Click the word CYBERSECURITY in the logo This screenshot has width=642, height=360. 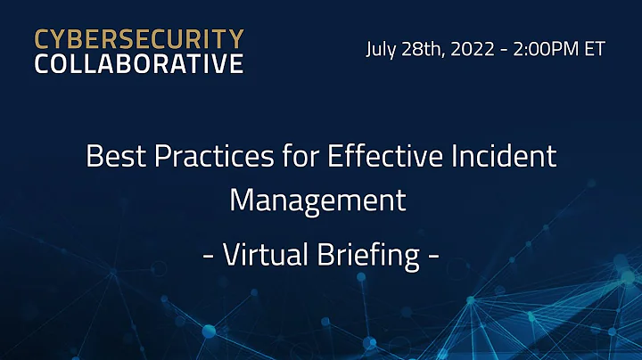tap(138, 40)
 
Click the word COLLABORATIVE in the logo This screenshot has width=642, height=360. tap(138, 64)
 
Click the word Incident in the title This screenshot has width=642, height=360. tap(500, 157)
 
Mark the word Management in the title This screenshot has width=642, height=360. tap(318, 199)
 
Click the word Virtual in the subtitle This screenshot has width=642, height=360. tap(267, 256)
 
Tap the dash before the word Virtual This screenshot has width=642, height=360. tap(208, 258)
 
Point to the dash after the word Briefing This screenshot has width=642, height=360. tap(433, 258)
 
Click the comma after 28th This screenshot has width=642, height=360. tap(446, 55)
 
